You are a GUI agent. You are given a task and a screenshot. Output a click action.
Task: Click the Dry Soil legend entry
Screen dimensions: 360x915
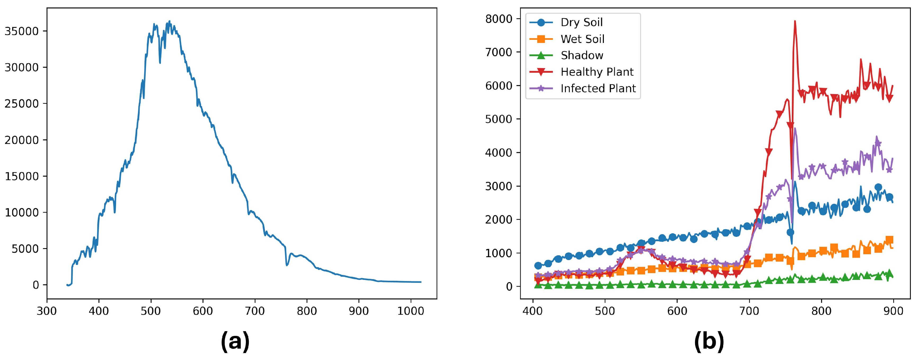pyautogui.click(x=581, y=22)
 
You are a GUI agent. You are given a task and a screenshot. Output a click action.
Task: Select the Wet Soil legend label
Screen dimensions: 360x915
pyautogui.click(x=582, y=39)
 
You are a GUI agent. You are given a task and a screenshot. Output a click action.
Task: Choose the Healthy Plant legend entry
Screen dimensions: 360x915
pyautogui.click(x=597, y=72)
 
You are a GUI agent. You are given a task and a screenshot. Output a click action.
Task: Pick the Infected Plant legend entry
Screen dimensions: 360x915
pyautogui.click(x=598, y=89)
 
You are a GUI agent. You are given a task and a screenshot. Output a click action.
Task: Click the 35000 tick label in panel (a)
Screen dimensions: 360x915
pyautogui.click(x=21, y=31)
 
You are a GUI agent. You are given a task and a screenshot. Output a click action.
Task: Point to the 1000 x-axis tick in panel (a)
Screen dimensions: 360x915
pyautogui.click(x=410, y=311)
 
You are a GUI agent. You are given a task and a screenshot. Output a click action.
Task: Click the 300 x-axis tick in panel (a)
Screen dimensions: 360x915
pyautogui.click(x=47, y=311)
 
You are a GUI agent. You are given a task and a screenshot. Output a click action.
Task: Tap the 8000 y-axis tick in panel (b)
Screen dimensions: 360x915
pyautogui.click(x=499, y=19)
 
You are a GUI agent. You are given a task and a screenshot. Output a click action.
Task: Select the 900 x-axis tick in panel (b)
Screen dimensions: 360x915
pyautogui.click(x=893, y=311)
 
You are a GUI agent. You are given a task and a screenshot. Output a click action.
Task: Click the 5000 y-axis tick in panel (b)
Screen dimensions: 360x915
pyautogui.click(x=499, y=119)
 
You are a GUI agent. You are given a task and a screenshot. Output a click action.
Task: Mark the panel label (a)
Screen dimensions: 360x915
pyautogui.click(x=235, y=341)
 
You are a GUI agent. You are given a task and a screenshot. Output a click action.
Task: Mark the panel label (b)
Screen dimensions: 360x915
pyautogui.click(x=709, y=341)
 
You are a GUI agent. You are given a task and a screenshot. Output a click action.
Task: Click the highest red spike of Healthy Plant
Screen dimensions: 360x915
pyautogui.click(x=795, y=21)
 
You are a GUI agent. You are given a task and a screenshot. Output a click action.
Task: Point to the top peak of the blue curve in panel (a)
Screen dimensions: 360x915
pyautogui.click(x=169, y=21)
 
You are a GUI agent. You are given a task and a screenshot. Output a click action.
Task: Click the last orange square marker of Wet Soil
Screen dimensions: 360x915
pyautogui.click(x=889, y=240)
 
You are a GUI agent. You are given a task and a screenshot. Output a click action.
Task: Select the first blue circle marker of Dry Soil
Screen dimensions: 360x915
pyautogui.click(x=538, y=265)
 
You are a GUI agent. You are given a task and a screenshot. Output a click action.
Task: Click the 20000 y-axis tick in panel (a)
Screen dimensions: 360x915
pyautogui.click(x=21, y=140)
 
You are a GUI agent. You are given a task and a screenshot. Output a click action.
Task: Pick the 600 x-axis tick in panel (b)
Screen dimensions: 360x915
pyautogui.click(x=677, y=311)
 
